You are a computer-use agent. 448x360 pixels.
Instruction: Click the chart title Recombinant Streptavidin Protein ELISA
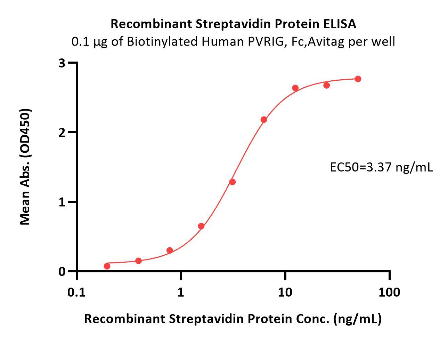point(233,24)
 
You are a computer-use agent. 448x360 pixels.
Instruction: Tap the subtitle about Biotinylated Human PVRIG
point(233,42)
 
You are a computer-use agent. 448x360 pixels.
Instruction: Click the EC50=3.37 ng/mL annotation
point(381,168)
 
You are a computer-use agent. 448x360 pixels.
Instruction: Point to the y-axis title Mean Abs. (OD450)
point(25,167)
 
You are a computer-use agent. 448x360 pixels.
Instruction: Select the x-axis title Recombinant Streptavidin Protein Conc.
point(233,319)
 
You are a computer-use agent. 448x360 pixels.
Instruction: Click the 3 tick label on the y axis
point(62,63)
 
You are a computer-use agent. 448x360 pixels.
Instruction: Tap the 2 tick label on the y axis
point(62,133)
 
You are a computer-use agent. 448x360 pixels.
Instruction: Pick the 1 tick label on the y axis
point(62,202)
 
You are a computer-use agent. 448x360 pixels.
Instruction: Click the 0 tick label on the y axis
point(62,271)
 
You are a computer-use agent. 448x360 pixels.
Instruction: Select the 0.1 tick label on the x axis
point(76,293)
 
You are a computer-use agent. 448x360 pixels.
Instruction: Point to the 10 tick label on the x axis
point(285,293)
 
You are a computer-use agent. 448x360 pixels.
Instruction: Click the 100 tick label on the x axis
point(389,293)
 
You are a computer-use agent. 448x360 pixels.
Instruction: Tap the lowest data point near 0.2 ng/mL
point(107,266)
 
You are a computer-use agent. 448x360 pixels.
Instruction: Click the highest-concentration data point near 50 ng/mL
point(358,79)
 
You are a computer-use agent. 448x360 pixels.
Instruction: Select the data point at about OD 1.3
point(233,182)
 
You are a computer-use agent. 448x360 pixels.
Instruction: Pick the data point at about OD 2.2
point(264,120)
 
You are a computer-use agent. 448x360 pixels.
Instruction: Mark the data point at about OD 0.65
point(201,226)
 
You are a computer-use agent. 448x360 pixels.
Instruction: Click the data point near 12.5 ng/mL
point(295,88)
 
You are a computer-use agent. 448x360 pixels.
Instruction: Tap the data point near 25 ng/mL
point(326,85)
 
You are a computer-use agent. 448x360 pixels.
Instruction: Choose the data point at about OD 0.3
point(170,250)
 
